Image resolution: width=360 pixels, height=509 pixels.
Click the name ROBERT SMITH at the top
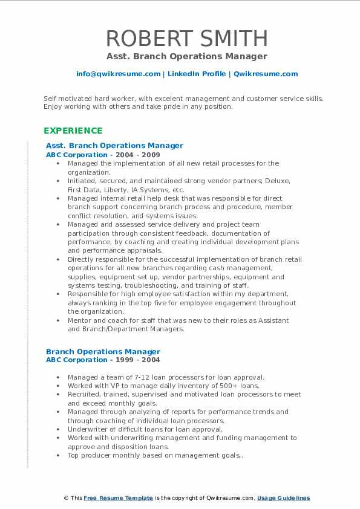(x=186, y=38)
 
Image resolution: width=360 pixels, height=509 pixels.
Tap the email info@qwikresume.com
(x=118, y=74)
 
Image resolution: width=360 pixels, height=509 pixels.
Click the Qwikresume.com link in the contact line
(x=266, y=74)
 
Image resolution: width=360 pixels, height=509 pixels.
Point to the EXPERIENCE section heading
(x=73, y=131)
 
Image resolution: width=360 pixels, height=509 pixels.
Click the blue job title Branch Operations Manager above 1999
(x=103, y=351)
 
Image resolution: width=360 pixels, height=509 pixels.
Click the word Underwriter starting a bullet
(x=88, y=429)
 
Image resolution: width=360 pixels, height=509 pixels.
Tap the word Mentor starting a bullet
(x=80, y=320)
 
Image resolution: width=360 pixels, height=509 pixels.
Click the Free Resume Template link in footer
(x=118, y=498)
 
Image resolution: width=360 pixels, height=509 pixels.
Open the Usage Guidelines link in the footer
(x=283, y=498)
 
